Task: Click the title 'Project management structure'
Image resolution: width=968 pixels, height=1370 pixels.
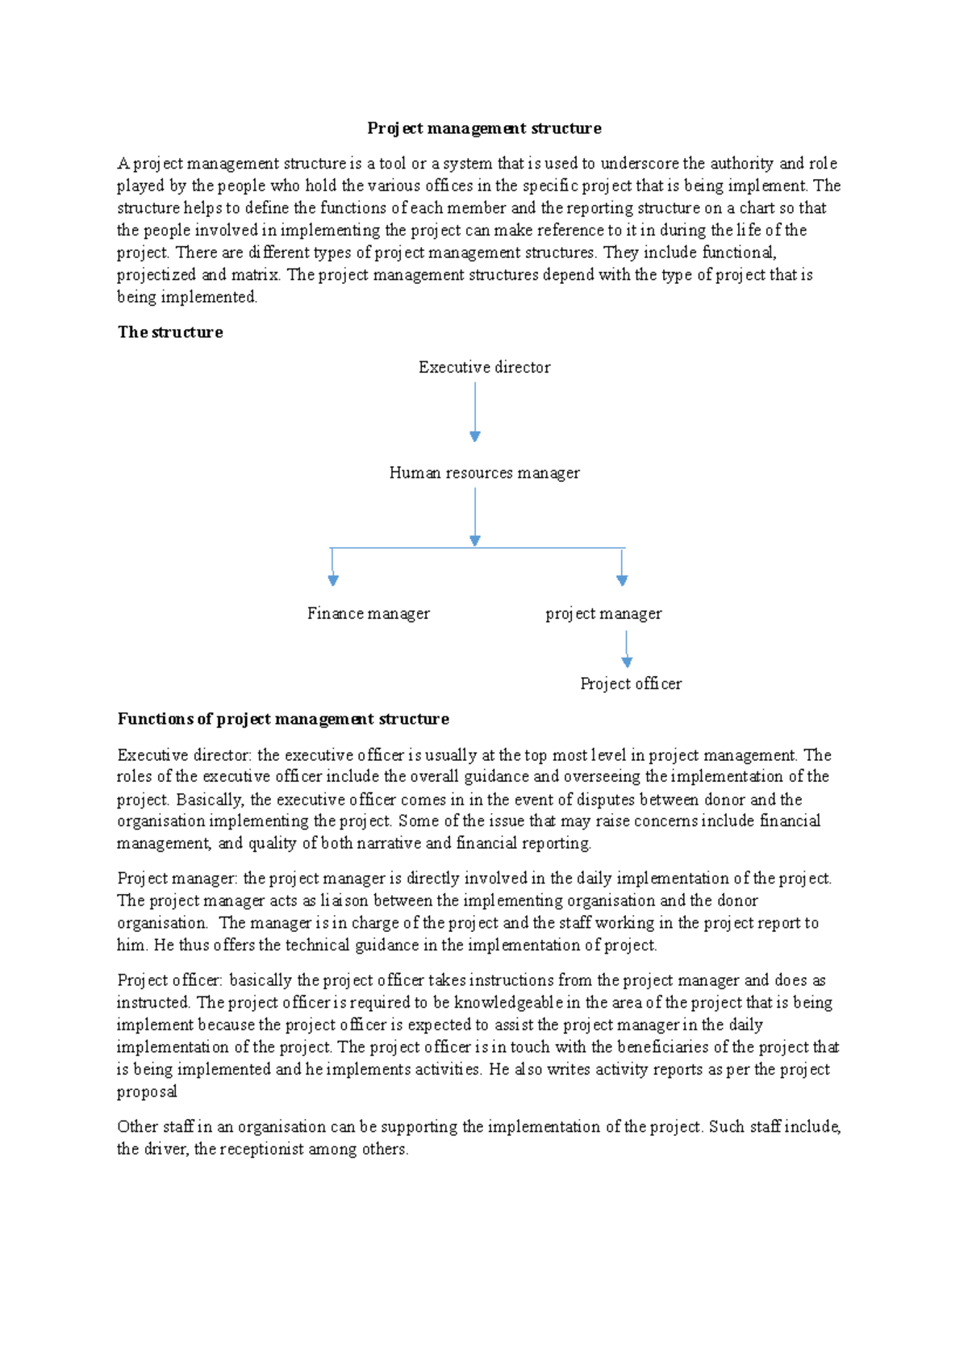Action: click(484, 128)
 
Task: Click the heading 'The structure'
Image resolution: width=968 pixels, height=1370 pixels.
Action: click(170, 332)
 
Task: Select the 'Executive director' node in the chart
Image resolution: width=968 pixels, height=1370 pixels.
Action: click(484, 367)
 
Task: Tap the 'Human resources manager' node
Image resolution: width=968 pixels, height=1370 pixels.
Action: click(484, 473)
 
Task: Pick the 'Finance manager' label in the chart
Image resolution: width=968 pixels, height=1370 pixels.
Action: click(368, 614)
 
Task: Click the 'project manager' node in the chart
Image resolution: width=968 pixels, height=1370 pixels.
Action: click(603, 614)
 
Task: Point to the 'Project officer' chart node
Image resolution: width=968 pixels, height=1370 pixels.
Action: click(631, 684)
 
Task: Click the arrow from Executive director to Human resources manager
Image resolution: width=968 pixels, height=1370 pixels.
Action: click(475, 411)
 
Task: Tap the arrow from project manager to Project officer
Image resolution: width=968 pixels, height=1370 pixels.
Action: click(627, 649)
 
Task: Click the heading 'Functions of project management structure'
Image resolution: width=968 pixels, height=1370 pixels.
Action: click(283, 719)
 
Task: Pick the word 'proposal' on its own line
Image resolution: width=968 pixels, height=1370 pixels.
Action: click(147, 1092)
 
